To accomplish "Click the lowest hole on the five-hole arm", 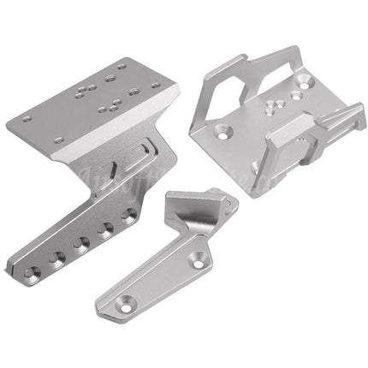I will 32,273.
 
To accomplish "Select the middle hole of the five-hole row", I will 81,243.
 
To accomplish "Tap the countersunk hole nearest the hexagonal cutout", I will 224,133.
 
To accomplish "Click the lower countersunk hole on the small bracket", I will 127,300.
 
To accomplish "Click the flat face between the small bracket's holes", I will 163,276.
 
